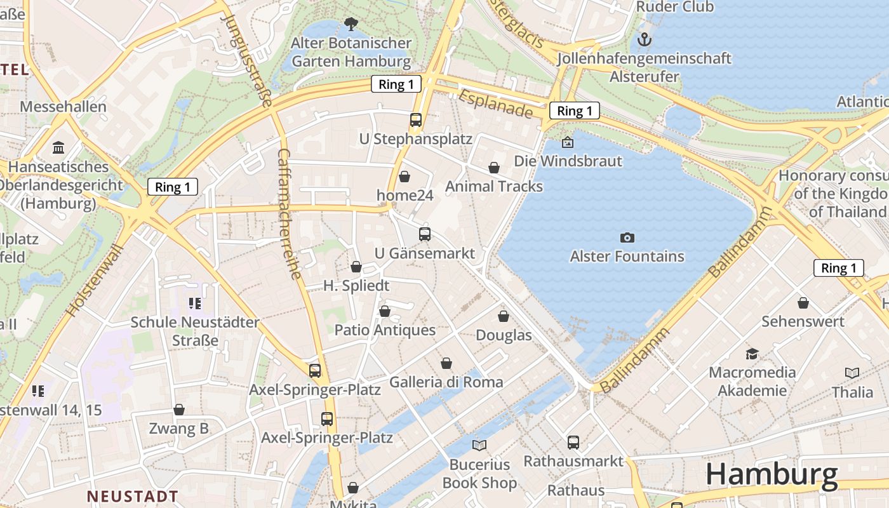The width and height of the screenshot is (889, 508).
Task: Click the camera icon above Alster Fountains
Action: coord(627,237)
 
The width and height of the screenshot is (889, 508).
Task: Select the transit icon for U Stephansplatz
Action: coord(415,119)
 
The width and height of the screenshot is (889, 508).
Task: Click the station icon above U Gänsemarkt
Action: coord(425,234)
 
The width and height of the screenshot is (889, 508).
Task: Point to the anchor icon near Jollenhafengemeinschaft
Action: coord(645,40)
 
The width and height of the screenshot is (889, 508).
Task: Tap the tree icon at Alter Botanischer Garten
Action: coord(350,25)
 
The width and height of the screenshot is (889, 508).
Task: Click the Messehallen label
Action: coord(63,106)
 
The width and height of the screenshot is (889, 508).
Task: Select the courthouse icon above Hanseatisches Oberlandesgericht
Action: coord(59,148)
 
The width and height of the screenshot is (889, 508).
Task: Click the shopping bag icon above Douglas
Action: coord(504,316)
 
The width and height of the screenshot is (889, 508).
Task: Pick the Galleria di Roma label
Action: coord(446,382)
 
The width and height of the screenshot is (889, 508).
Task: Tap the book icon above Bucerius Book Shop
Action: coord(479,445)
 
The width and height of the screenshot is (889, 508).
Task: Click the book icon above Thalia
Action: coord(852,373)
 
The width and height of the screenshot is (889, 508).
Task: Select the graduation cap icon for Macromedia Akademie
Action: coord(752,354)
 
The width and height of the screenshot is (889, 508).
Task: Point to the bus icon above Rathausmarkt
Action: coord(573,442)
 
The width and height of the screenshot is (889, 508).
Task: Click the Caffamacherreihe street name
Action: coord(290,214)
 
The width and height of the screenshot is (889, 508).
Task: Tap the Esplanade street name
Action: coord(495,104)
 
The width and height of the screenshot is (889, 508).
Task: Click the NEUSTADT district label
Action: coord(132,496)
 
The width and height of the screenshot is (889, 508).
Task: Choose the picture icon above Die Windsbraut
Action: coord(568,142)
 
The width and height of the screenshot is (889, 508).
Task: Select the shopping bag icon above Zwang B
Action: coord(179,410)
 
